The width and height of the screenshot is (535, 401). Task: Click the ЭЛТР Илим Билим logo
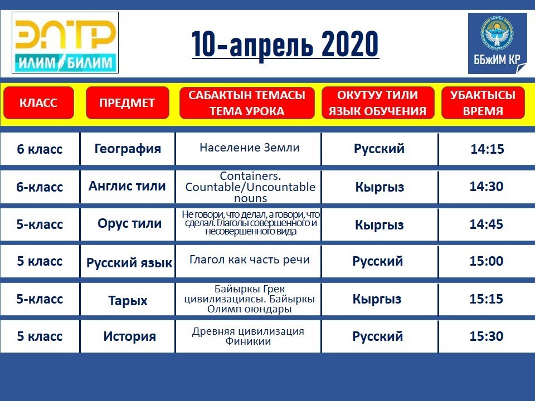tap(65, 43)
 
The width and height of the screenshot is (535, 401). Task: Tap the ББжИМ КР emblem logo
tap(498, 43)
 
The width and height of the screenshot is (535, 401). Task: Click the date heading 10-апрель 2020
tap(285, 45)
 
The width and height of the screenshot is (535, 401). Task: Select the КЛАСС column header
tap(38, 102)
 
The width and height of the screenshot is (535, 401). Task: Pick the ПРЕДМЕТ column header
tap(127, 102)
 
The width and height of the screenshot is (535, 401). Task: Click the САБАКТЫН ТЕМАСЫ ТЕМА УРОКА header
tap(247, 102)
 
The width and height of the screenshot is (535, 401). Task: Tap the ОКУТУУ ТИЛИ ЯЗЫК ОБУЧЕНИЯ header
tap(378, 102)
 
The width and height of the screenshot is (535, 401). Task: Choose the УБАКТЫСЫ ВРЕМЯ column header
tap(483, 102)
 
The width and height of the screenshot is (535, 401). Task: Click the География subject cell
tap(128, 149)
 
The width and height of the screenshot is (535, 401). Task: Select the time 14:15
tap(487, 149)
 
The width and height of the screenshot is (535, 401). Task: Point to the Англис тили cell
tap(127, 186)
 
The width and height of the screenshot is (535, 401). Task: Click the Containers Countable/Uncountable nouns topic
tap(250, 187)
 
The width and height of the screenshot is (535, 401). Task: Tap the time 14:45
tap(486, 224)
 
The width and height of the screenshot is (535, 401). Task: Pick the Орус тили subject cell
tap(129, 224)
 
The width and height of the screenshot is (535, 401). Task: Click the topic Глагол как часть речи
tap(250, 260)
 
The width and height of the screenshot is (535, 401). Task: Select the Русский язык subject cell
tap(129, 262)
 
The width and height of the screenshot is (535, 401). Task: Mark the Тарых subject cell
tap(128, 300)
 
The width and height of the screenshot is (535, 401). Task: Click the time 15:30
tap(486, 336)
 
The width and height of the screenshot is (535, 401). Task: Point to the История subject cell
tap(130, 336)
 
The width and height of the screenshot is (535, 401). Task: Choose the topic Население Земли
tap(250, 147)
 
